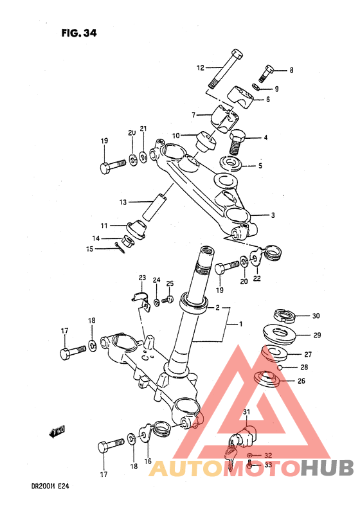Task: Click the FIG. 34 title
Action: click(x=79, y=33)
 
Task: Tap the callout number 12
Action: click(x=201, y=68)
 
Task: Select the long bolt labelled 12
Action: click(x=226, y=69)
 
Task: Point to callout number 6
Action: click(x=268, y=100)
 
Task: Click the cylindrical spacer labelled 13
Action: click(x=154, y=207)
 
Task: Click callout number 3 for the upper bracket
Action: click(x=273, y=215)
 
